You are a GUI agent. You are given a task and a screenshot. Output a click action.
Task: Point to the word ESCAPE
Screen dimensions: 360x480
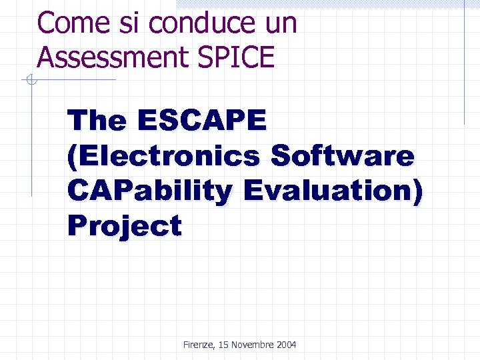(x=202, y=121)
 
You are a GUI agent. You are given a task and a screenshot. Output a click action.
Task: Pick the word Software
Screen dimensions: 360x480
(x=343, y=156)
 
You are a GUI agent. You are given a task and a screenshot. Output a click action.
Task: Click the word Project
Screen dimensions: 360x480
(x=124, y=226)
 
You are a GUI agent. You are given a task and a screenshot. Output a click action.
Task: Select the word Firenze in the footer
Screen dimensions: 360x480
(x=198, y=345)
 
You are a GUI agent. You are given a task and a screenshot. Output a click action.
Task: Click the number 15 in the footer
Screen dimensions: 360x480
(x=223, y=345)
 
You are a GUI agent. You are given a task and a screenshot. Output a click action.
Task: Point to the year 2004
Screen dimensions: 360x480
(x=286, y=345)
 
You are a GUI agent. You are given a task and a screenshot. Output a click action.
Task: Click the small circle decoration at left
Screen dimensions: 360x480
(x=29, y=81)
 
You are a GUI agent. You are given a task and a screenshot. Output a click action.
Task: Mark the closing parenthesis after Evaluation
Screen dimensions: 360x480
(x=417, y=191)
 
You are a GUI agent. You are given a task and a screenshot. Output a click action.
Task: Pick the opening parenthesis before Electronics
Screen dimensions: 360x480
(x=72, y=156)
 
